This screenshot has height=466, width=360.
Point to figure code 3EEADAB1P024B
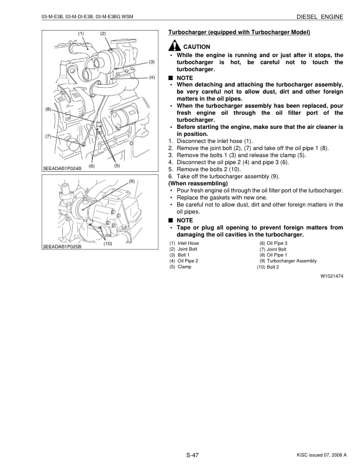pyautogui.click(x=62, y=169)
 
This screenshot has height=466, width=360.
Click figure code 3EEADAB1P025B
pyautogui.click(x=62, y=246)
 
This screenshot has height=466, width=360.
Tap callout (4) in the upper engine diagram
pyautogui.click(x=152, y=77)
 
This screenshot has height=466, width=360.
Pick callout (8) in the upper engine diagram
pyautogui.click(x=47, y=110)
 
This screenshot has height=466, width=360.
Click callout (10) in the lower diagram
pyautogui.click(x=108, y=243)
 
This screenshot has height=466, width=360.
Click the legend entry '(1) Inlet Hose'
pyautogui.click(x=184, y=243)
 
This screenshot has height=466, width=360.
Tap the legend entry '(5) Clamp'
pyautogui.click(x=181, y=267)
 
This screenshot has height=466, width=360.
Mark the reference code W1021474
pyautogui.click(x=331, y=275)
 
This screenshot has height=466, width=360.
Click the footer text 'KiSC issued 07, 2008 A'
pyautogui.click(x=318, y=455)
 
